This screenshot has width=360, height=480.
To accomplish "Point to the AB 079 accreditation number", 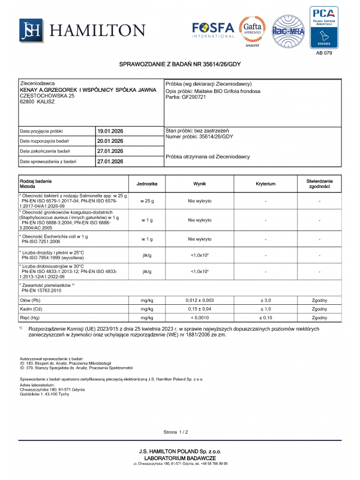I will [323, 53].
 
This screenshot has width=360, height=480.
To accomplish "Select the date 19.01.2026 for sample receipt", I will [109, 131].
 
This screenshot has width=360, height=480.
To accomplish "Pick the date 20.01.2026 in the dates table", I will [109, 141].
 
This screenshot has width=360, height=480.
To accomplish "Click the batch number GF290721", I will [194, 97].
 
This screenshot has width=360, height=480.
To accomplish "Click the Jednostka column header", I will [147, 184].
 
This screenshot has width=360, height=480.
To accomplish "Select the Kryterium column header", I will [265, 184].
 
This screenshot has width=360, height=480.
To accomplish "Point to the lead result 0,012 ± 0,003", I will [200, 299].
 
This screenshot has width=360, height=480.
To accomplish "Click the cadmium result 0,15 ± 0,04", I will [200, 308].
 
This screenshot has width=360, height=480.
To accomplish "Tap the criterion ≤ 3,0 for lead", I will [265, 299].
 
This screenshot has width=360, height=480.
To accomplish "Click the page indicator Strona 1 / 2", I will [176, 432].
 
